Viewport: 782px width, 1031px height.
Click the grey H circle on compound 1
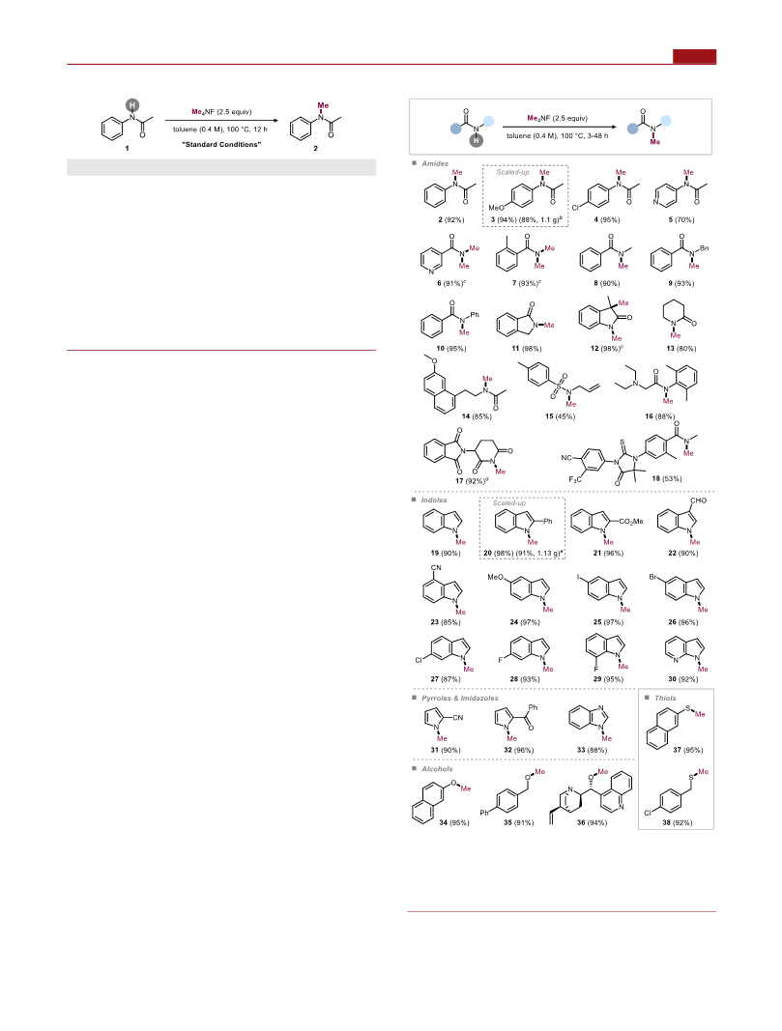132,105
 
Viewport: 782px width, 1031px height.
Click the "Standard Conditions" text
221,145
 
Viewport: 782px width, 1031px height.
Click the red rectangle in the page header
694,57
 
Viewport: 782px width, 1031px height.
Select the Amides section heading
435,163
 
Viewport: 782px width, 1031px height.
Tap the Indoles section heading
434,501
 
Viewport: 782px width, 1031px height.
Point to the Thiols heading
665,699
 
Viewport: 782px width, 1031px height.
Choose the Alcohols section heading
437,768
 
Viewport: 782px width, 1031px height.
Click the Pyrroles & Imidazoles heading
460,699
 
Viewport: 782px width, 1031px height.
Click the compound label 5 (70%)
681,219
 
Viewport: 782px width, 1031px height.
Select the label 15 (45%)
560,416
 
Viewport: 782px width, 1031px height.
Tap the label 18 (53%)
666,478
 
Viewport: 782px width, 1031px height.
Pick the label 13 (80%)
681,349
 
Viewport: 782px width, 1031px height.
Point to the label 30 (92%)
682,679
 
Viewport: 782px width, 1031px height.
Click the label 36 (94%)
592,822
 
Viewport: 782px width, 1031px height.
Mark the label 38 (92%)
677,822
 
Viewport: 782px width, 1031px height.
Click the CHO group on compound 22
698,501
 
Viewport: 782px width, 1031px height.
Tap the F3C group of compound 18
575,479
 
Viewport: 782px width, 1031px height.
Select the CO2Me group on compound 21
631,522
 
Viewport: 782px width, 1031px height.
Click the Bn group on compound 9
705,248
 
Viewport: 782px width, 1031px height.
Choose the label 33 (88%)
592,750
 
